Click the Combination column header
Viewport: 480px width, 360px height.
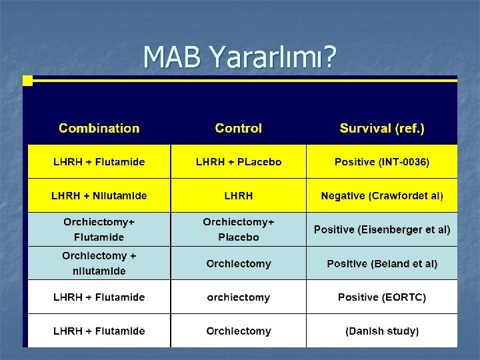click(99, 128)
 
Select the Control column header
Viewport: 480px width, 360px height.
click(238, 128)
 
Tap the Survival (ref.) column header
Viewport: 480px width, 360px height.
click(381, 128)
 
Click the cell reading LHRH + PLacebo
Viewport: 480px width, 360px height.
click(238, 162)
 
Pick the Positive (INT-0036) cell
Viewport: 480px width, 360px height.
click(381, 162)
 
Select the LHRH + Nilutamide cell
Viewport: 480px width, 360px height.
click(99, 196)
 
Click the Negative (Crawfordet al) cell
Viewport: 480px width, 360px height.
click(381, 196)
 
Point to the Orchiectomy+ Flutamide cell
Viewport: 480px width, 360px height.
click(99, 229)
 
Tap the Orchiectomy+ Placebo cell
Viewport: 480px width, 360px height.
click(238, 229)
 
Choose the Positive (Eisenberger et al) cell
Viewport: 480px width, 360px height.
click(381, 229)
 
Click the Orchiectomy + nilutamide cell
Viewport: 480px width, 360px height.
click(99, 263)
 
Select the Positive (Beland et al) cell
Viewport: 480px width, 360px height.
click(381, 263)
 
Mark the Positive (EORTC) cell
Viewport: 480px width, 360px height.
click(381, 297)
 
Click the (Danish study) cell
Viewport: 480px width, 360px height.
click(381, 331)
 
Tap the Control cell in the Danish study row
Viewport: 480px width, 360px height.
click(238, 331)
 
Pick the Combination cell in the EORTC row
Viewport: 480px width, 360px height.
click(99, 297)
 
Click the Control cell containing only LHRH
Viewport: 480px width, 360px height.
click(238, 196)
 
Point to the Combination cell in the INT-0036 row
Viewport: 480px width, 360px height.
click(99, 162)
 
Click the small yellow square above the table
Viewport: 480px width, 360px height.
click(27, 81)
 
